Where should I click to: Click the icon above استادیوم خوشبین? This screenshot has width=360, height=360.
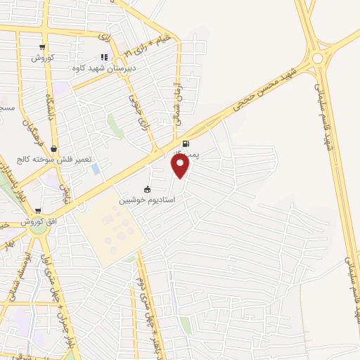tap(147, 189)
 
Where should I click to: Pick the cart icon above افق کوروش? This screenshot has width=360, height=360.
tap(38, 210)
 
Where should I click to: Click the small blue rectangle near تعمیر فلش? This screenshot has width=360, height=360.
tap(95, 169)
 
